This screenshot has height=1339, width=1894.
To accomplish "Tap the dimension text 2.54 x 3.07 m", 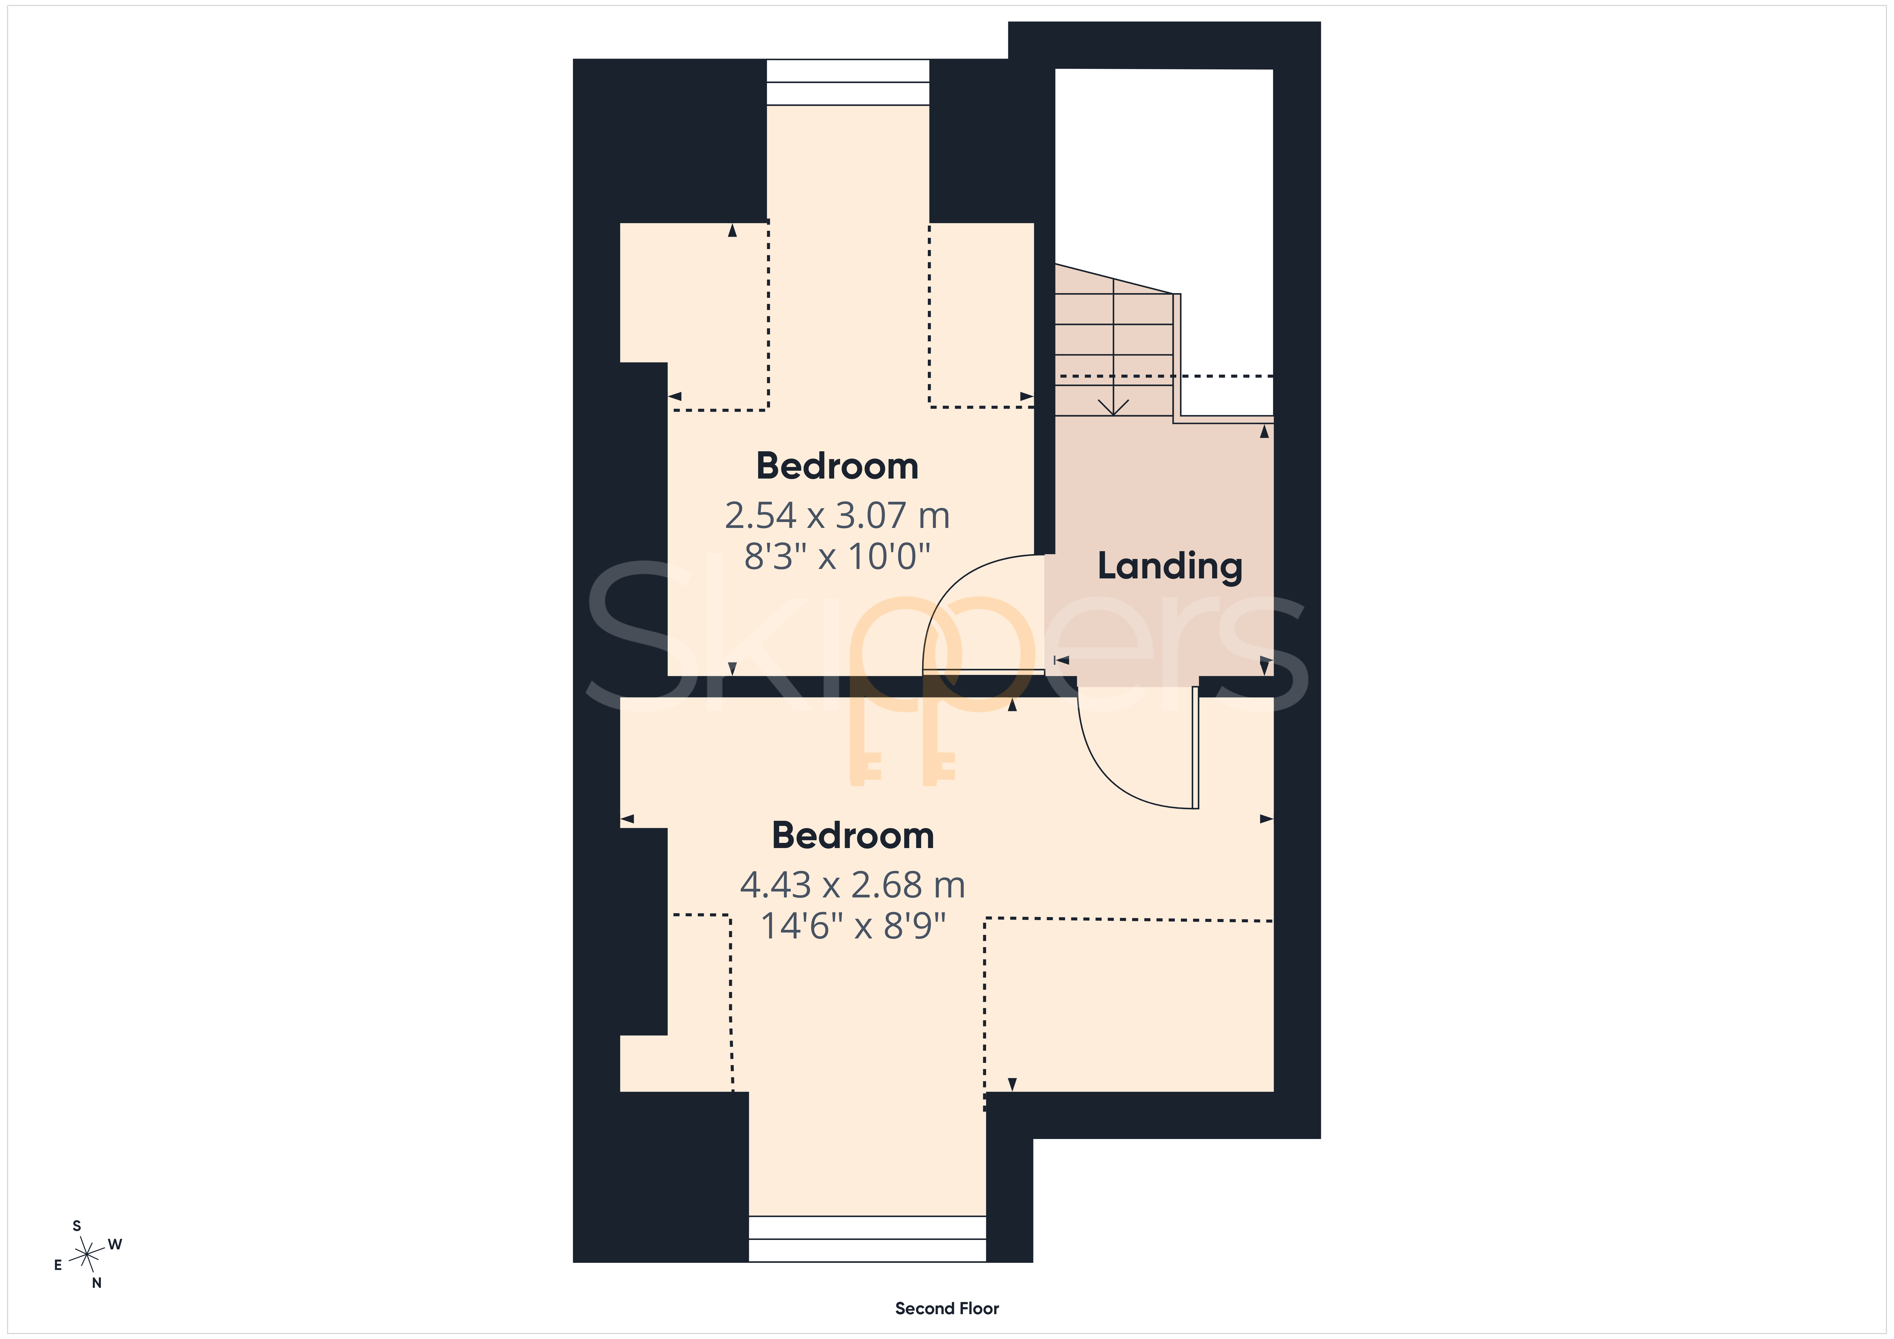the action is click(x=837, y=516).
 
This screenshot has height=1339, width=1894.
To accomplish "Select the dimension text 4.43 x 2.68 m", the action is click(x=852, y=885).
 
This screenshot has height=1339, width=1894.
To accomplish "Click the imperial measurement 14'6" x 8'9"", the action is click(x=852, y=926).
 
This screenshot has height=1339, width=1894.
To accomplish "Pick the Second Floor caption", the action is click(x=947, y=1309).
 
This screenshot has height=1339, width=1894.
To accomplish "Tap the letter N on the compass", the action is click(x=97, y=1283).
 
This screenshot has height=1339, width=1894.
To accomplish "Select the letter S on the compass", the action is click(x=77, y=1226).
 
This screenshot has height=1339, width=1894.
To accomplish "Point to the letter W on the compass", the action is click(x=116, y=1244).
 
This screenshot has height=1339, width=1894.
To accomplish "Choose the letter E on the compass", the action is click(x=58, y=1265).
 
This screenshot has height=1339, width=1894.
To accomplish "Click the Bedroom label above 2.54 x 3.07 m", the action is click(x=837, y=466).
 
